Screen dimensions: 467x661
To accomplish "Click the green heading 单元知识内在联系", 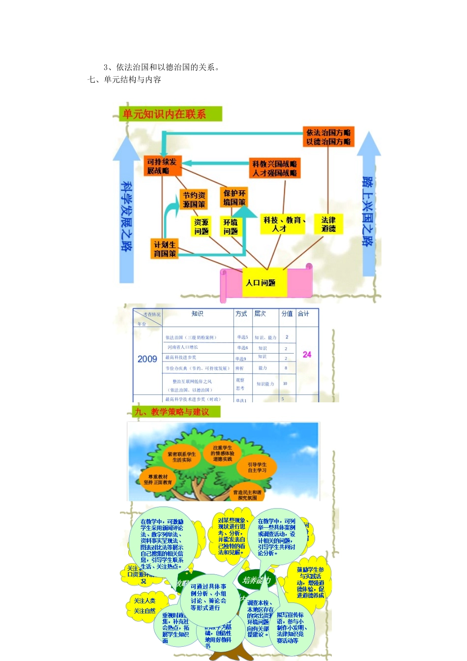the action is pyautogui.click(x=165, y=114).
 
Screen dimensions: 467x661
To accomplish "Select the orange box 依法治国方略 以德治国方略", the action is pyautogui.click(x=328, y=137).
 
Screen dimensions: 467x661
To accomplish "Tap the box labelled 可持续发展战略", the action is pyautogui.click(x=162, y=166).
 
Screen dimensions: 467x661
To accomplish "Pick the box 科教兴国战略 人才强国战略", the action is pyautogui.click(x=274, y=168).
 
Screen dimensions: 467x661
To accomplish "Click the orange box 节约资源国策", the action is pyautogui.click(x=194, y=200).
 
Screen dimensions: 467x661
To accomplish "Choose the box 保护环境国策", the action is pyautogui.click(x=234, y=198).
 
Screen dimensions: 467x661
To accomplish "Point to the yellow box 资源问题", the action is pyautogui.click(x=201, y=227).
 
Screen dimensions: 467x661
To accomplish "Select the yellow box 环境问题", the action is pyautogui.click(x=231, y=227).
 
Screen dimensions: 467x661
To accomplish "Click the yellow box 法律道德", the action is pyautogui.click(x=328, y=224).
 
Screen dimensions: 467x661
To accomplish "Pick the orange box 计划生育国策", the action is pyautogui.click(x=165, y=249).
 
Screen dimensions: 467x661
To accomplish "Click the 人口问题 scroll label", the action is pyautogui.click(x=261, y=283).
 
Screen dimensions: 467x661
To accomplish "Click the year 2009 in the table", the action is pyautogui.click(x=147, y=359).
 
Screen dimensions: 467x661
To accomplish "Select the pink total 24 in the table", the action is pyautogui.click(x=307, y=355).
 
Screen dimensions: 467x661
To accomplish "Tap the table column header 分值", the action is pyautogui.click(x=287, y=314).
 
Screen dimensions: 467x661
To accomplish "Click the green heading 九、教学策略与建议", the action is pyautogui.click(x=172, y=412).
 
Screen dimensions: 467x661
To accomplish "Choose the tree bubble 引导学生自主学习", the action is pyautogui.click(x=257, y=467).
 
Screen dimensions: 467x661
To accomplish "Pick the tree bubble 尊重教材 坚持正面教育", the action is pyautogui.click(x=158, y=480).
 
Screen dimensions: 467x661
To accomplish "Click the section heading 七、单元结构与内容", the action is pyautogui.click(x=124, y=80).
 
